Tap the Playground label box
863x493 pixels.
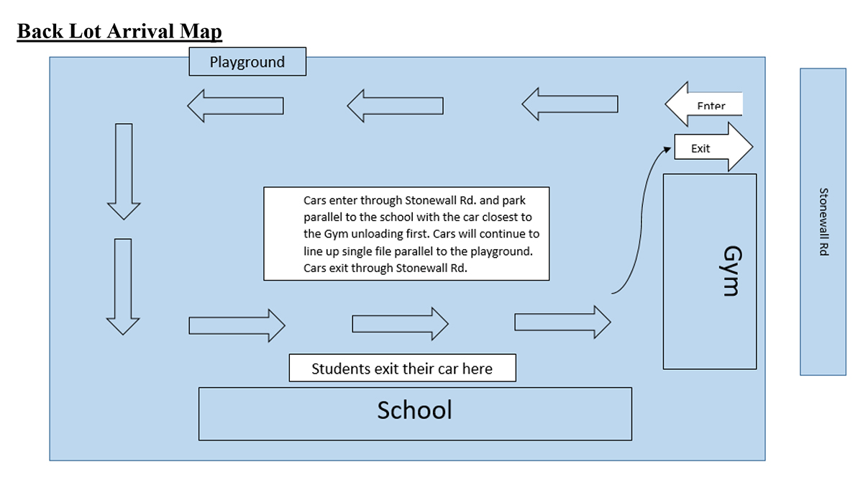tap(247, 62)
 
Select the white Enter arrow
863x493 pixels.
tap(703, 105)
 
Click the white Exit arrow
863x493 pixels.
tap(713, 148)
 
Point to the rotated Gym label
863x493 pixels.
tap(731, 271)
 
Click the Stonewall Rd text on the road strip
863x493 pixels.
tap(823, 222)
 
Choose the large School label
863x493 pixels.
tap(415, 410)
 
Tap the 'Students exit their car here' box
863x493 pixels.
tap(402, 368)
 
